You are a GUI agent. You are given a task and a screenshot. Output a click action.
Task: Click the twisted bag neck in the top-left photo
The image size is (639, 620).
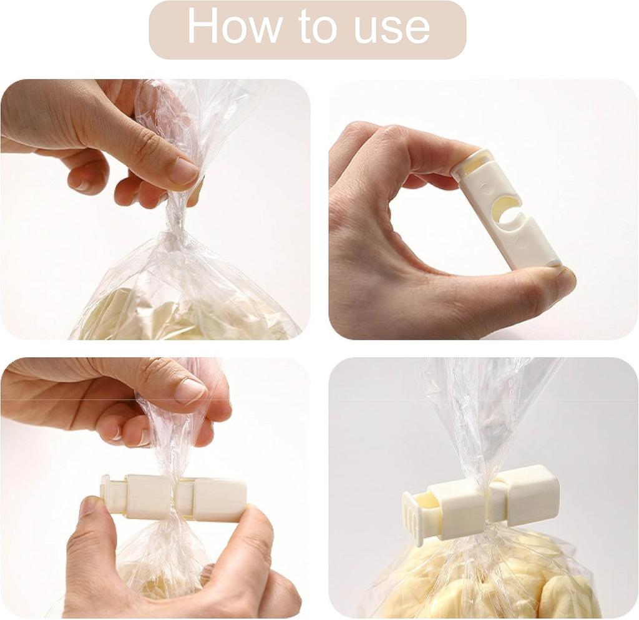pyautogui.click(x=176, y=215)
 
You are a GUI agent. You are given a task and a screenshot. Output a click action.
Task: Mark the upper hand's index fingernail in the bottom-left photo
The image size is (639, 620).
pyautogui.click(x=190, y=391)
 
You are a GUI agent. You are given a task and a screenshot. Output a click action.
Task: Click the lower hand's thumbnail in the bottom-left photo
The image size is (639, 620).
pyautogui.click(x=89, y=506)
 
